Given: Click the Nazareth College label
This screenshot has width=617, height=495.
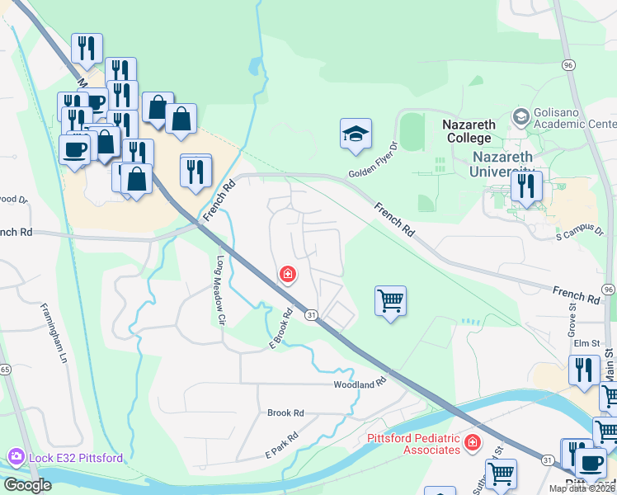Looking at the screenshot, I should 469,131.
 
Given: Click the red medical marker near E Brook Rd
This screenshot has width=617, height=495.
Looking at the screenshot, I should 288,274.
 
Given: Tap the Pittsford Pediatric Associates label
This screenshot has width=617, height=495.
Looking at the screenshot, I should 412,443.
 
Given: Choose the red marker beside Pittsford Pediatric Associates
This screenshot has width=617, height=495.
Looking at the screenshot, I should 473,444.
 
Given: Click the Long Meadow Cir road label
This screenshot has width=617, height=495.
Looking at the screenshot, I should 221,278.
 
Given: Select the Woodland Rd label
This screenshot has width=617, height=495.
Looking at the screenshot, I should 360,384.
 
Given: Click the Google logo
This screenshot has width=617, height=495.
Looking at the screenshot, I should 27,485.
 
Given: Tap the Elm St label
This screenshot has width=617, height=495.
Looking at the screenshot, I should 586,344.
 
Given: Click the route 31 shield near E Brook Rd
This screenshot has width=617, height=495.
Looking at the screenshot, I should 312,315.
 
